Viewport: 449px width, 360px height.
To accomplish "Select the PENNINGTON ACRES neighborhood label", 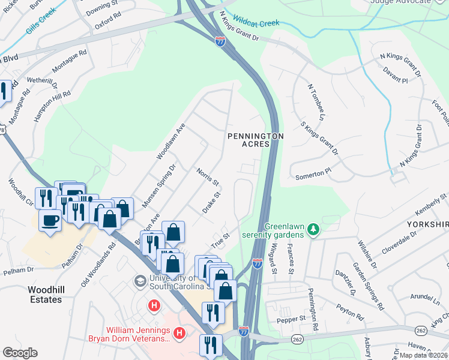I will pos(255,140).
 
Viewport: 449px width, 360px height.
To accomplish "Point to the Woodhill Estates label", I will pos(45,294).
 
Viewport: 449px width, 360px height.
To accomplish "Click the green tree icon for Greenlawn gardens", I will pos(312,229).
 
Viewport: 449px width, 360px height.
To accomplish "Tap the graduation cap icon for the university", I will pos(140,281).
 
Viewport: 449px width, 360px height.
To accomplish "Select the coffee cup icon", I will pos(50,219).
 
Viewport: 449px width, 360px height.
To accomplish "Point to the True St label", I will pos(220,241).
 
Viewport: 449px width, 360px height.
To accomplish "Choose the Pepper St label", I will pos(291,319).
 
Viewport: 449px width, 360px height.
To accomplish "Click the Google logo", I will pos(20,353).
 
